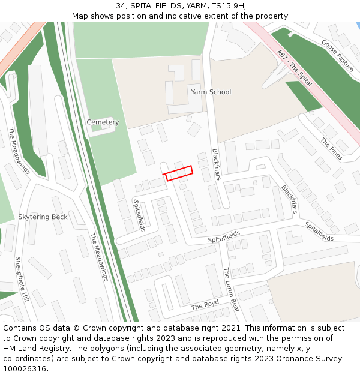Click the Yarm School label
click(x=211, y=92)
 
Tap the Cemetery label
click(x=103, y=122)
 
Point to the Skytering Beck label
click(x=43, y=217)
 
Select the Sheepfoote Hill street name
click(x=22, y=280)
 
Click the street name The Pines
click(x=331, y=149)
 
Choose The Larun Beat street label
click(x=231, y=289)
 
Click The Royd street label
click(x=205, y=305)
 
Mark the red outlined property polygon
click(x=179, y=173)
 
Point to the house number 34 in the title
click(x=121, y=6)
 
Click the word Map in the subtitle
click(x=80, y=16)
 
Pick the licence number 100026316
click(x=26, y=368)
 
